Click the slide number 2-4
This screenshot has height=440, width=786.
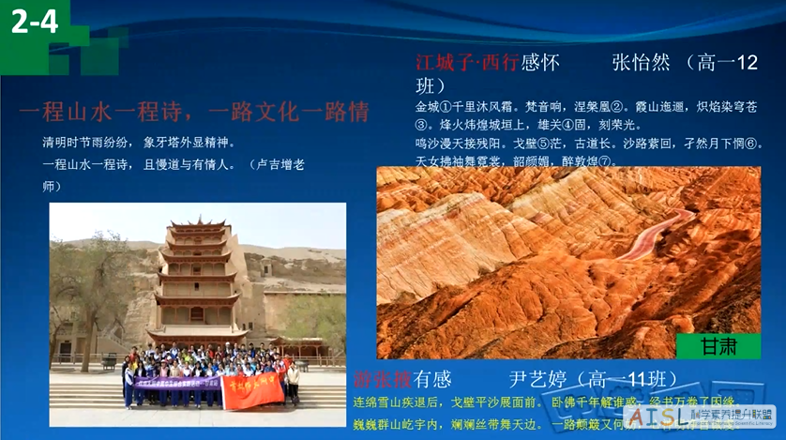coord(35,21)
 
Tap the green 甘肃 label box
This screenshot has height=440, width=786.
coord(718,346)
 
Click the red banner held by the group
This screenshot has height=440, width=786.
coord(251,388)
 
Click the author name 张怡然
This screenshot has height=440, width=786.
coord(641,63)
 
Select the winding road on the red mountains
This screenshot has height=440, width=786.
coord(657,235)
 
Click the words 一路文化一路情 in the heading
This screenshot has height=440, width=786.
coord(288,113)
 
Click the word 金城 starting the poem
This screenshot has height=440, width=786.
coord(427,107)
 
